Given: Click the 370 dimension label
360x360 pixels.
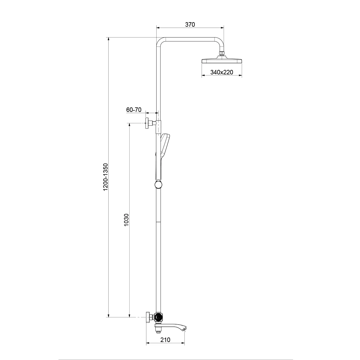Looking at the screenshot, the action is [190, 25].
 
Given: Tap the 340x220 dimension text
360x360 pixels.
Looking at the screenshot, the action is [222, 72].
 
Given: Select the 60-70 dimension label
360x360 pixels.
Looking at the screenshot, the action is [134, 110].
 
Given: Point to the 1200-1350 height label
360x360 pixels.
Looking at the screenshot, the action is [106, 177].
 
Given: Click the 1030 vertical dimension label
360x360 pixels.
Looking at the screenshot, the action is [127, 220].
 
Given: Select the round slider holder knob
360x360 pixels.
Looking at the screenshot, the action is [158, 184].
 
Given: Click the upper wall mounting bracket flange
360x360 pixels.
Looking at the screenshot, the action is [147, 123].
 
